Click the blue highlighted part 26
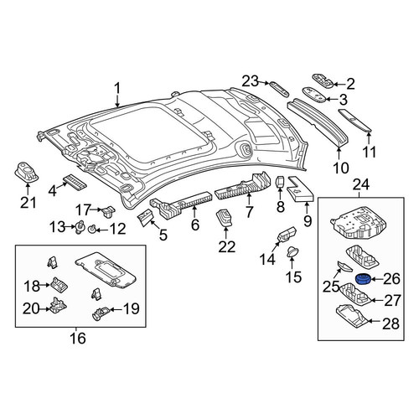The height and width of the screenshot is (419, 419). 363,279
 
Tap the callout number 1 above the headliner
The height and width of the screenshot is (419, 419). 117,89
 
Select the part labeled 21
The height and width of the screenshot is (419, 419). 26,172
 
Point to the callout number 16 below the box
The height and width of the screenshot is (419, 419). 78,339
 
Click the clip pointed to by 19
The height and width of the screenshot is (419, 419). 100,313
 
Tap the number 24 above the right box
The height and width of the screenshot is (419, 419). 361,185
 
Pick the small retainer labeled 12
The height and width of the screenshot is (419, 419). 91,230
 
